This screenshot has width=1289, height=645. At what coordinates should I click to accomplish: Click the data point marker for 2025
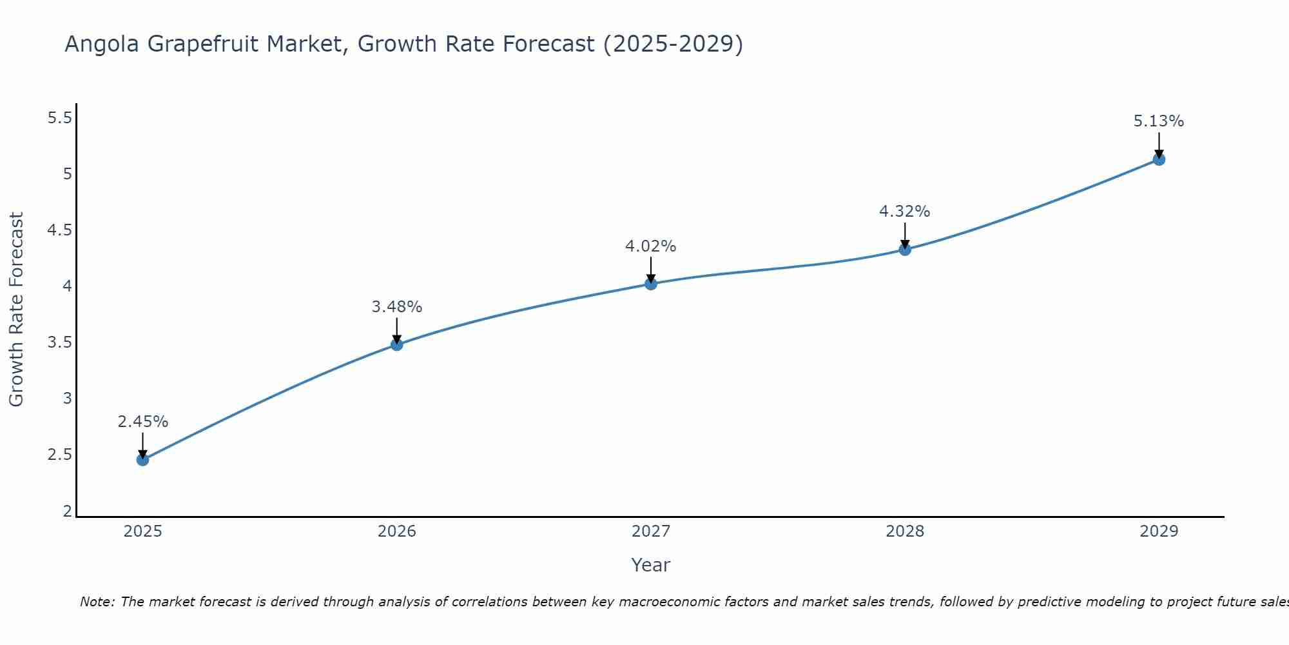coord(142,460)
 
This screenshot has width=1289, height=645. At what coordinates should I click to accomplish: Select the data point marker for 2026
coord(397,344)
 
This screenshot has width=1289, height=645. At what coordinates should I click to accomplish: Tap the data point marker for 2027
coord(651,284)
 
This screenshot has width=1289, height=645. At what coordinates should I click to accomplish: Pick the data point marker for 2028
coord(905,250)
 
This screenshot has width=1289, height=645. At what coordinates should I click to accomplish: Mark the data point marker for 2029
coord(1159,159)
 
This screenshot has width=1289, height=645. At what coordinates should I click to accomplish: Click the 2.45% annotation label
coord(142,422)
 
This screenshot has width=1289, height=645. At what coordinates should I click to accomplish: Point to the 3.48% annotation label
coord(397,307)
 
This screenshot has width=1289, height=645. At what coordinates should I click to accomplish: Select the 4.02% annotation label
coord(651,246)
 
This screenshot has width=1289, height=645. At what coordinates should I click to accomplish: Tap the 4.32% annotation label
coord(905,212)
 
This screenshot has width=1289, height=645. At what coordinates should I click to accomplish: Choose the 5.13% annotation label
coord(1159,121)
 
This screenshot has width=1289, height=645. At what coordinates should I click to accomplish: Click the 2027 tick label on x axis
coord(651,531)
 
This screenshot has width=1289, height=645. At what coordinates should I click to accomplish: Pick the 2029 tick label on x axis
coord(1159,531)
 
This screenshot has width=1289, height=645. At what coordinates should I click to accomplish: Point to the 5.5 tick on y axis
coord(59,118)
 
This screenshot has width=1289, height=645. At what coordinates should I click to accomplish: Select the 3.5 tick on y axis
coord(59,342)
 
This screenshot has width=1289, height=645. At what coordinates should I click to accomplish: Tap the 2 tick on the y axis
coord(67,511)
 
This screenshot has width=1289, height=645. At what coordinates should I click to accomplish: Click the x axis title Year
coord(651,565)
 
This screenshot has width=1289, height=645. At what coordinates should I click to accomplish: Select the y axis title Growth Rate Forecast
coord(16,310)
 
